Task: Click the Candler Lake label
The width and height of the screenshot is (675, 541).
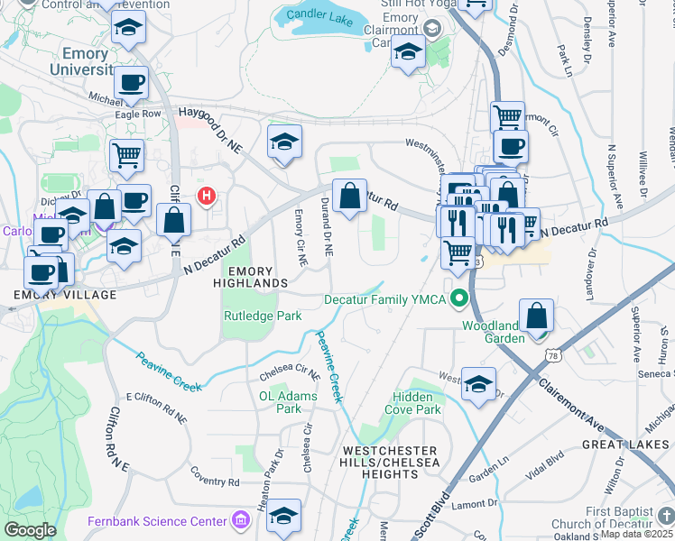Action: coord(321,15)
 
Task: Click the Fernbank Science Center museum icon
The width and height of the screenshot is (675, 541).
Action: coord(240,521)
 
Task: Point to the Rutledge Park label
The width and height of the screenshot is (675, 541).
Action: coord(263,316)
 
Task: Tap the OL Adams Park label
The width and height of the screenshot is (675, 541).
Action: coord(281,402)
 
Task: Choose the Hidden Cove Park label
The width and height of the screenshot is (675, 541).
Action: coord(416,403)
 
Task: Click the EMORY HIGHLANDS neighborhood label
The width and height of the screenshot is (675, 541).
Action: coord(256,277)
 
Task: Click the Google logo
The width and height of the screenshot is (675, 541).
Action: coord(30,529)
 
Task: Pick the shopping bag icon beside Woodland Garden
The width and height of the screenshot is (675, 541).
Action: coord(536,316)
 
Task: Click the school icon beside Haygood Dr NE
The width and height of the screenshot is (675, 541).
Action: coord(284,142)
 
